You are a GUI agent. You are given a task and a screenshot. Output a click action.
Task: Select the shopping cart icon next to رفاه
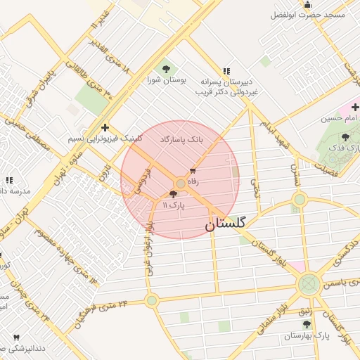tap(193, 171)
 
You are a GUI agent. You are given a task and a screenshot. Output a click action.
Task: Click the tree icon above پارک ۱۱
tap(174, 194)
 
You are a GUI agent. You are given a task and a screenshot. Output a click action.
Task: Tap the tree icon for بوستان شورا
tap(166, 69)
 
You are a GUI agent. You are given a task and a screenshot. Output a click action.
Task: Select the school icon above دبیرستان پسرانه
tap(226, 71)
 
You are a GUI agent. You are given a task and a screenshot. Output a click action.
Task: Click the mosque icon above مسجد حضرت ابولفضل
tap(307, 5)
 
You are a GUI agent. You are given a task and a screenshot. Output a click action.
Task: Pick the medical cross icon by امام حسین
tap(355, 108)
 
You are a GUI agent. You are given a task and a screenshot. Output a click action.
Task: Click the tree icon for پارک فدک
tap(345, 137)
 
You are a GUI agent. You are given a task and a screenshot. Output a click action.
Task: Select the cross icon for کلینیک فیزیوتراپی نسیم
tap(105, 127)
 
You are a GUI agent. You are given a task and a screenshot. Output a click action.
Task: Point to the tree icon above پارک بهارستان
tap(306, 324)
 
